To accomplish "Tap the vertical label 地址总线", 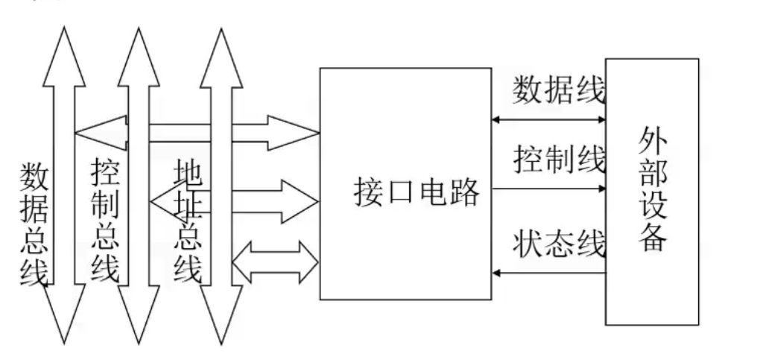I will [x=188, y=221].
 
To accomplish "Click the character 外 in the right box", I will [x=651, y=142].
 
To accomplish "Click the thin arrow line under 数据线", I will [x=549, y=119].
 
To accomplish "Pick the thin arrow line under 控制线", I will [x=549, y=188].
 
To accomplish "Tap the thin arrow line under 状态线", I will [x=549, y=273].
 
